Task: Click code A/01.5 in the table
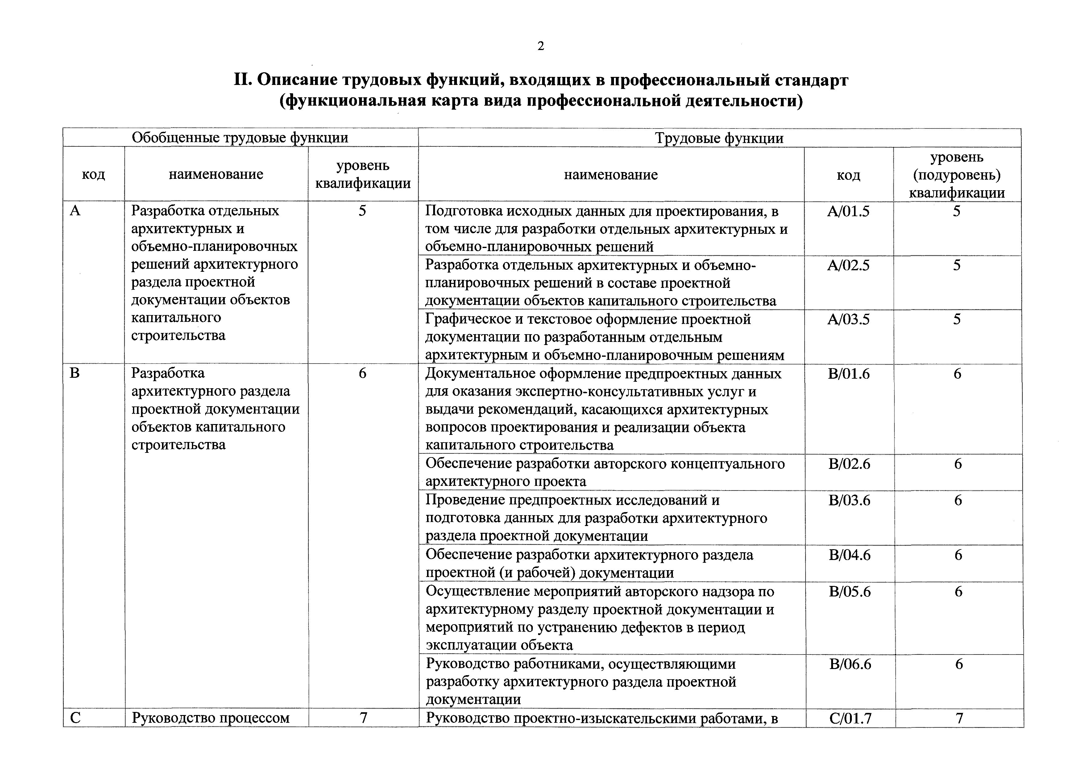848,211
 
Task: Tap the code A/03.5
848,320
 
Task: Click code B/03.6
849,500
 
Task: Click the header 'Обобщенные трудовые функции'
240,138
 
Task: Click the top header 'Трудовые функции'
719,138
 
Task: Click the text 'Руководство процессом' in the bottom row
210,718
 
